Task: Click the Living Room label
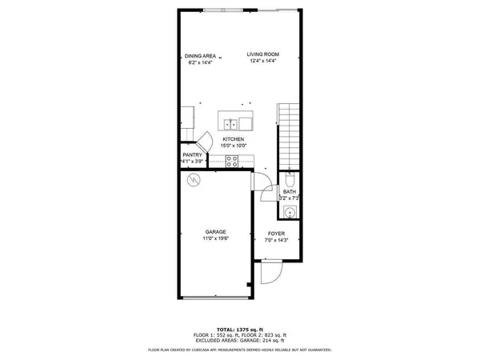[263, 54]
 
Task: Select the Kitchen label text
[234, 139]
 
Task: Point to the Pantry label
[192, 154]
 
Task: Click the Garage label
[216, 232]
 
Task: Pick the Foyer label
[277, 233]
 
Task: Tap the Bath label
[289, 192]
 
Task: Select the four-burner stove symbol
[231, 160]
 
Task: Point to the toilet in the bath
[290, 179]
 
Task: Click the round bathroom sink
[290, 211]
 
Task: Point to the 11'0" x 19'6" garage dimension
[216, 238]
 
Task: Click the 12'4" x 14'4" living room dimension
[263, 61]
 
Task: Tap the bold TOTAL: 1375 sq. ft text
[240, 329]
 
